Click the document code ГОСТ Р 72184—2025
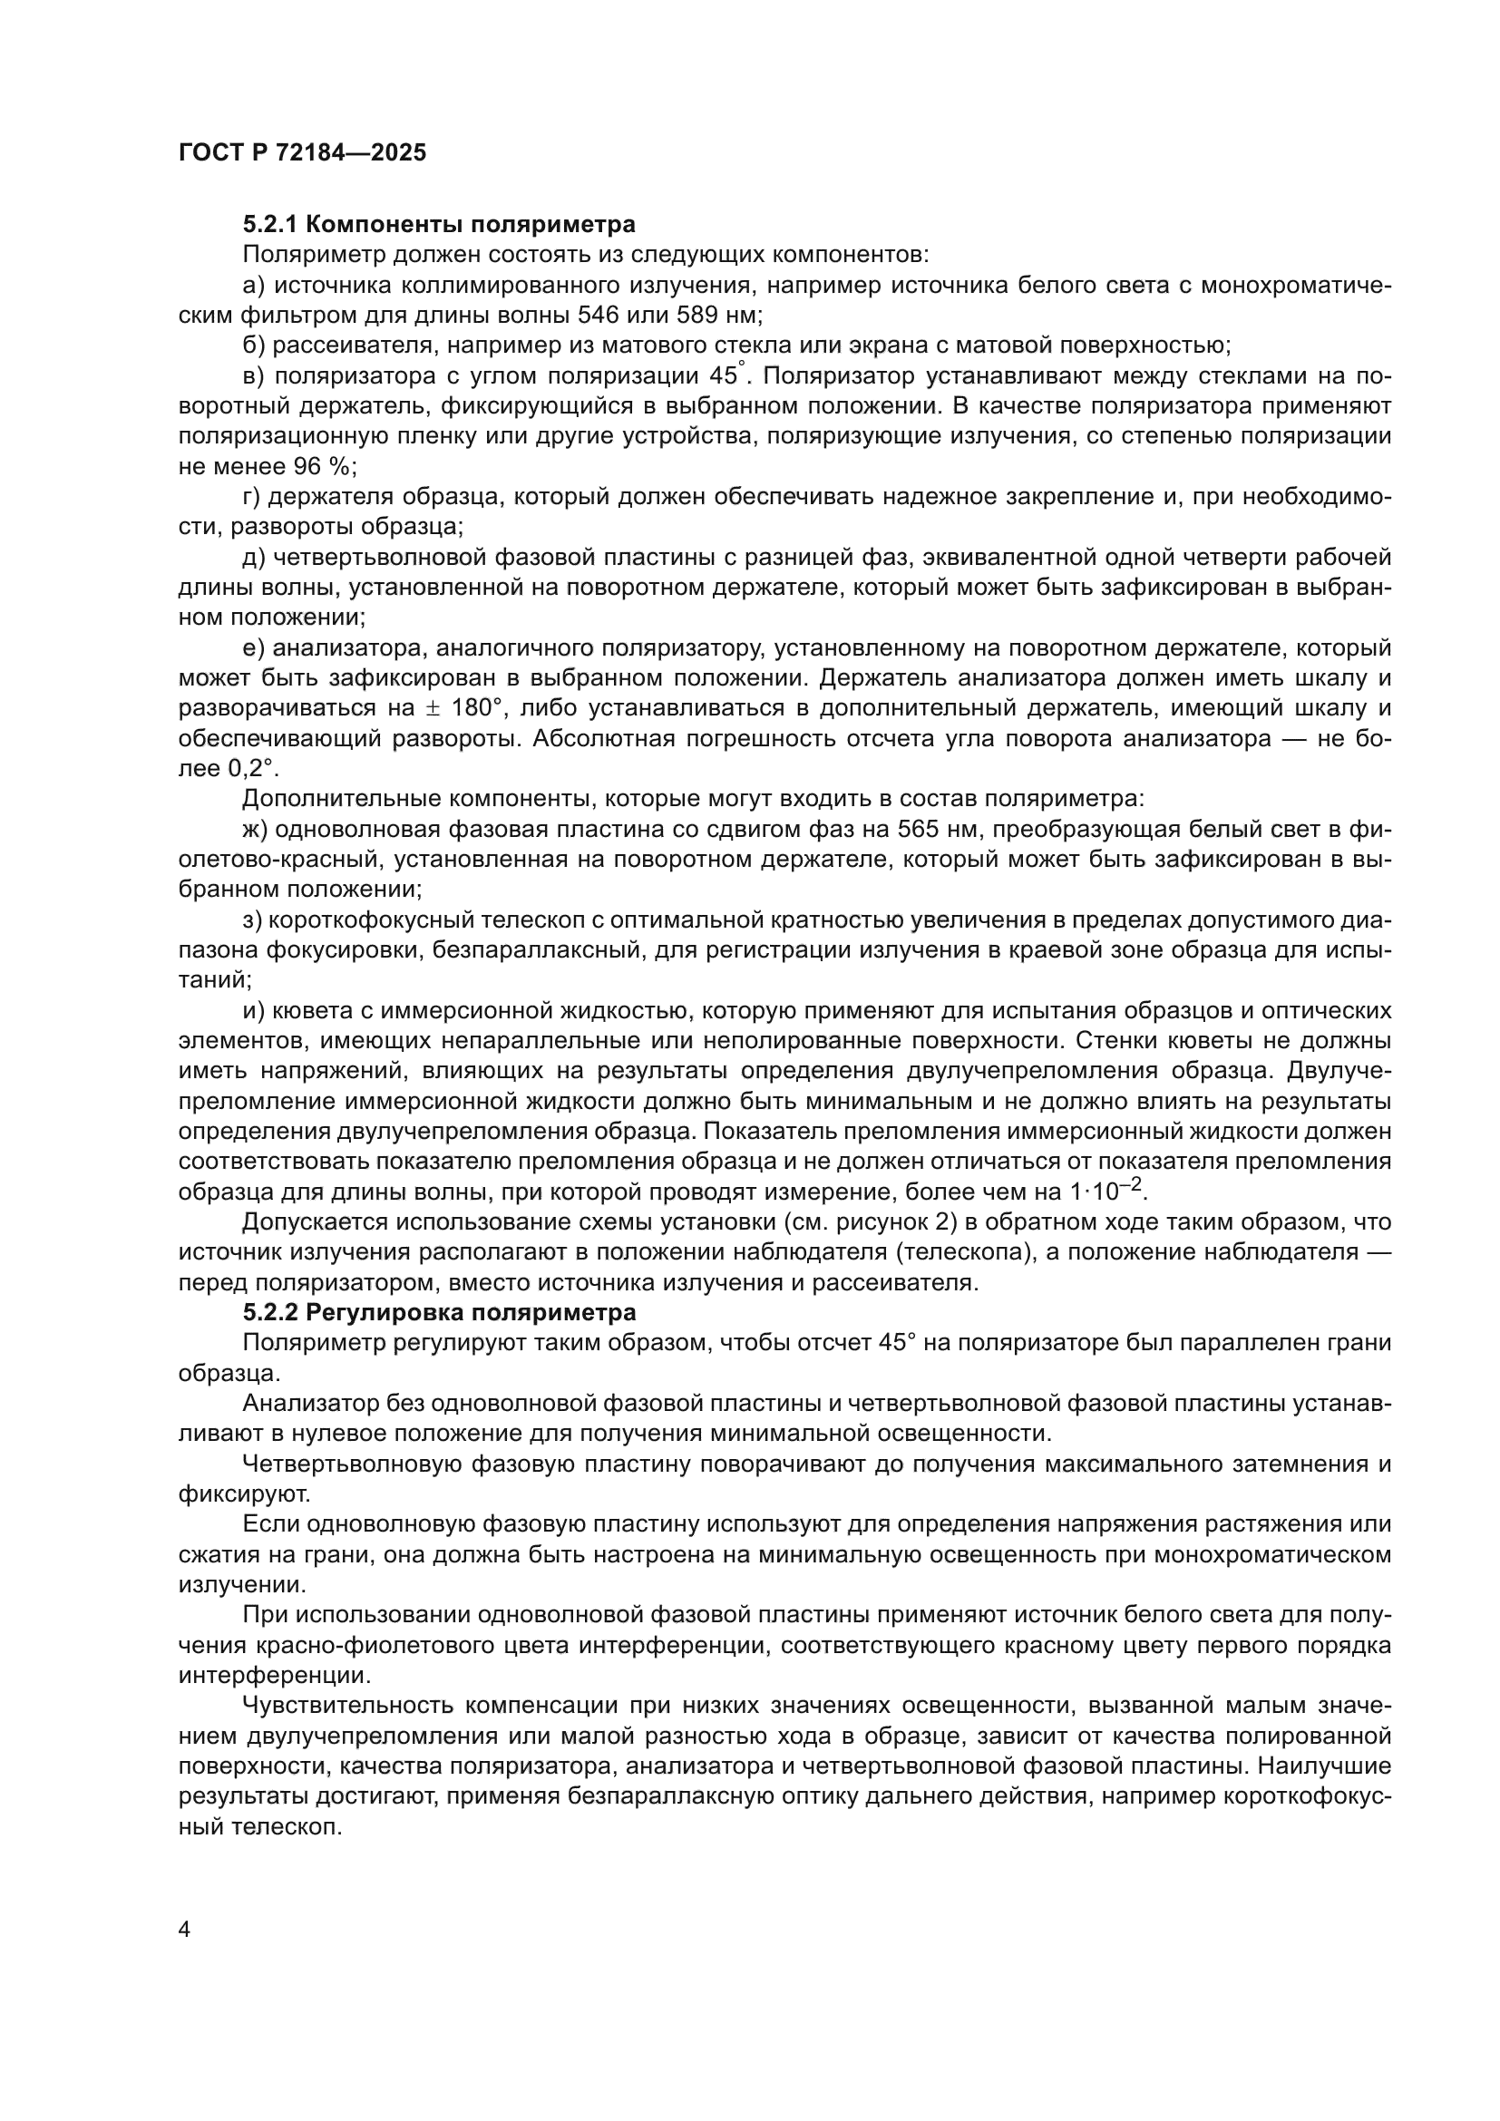coord(302,153)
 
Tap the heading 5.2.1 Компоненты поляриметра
coord(439,225)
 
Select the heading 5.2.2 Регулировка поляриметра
coord(439,1313)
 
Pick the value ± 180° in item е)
coord(460,708)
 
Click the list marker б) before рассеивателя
coord(254,345)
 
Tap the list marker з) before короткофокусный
coord(254,920)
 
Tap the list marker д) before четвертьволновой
coord(254,557)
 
